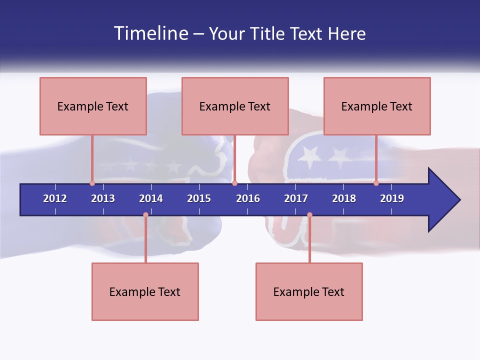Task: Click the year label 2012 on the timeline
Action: point(55,198)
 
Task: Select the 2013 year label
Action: point(103,198)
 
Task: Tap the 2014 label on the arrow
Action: point(151,198)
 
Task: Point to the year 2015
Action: point(199,198)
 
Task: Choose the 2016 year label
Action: point(248,198)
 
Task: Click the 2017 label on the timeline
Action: point(296,198)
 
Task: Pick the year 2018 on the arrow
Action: point(344,198)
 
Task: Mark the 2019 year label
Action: point(392,198)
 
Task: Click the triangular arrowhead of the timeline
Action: point(442,200)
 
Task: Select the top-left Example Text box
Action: point(93,106)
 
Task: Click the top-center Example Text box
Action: point(235,106)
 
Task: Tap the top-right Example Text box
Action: point(377,106)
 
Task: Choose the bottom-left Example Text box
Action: point(145,291)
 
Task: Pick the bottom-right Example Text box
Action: point(309,291)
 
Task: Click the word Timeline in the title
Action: point(150,33)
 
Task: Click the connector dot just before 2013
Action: point(92,183)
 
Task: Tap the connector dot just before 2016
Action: point(234,183)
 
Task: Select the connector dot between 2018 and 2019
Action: point(376,183)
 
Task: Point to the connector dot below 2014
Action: point(145,215)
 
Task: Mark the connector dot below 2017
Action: point(309,215)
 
